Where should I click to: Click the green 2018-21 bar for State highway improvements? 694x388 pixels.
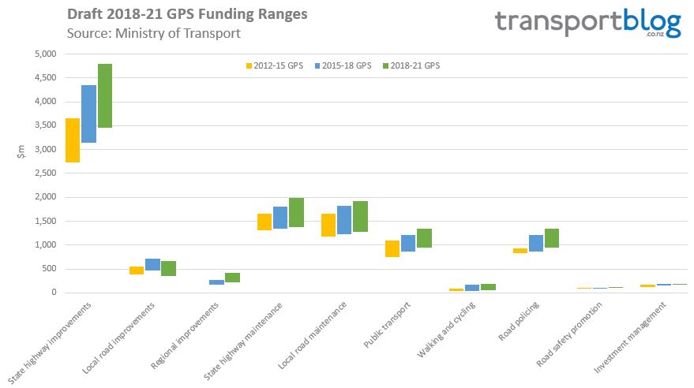[105, 95]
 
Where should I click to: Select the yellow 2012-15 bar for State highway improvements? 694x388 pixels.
[73, 140]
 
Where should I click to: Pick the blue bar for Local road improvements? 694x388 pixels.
[152, 264]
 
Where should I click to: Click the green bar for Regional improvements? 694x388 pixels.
[232, 278]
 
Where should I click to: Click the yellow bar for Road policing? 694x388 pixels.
[520, 251]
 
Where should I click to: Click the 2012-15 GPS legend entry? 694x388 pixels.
[273, 66]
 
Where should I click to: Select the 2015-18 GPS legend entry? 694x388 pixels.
[341, 66]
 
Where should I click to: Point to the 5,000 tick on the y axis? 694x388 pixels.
[45, 54]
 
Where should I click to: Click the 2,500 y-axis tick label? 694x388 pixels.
[45, 173]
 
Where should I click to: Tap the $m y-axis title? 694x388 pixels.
[21, 150]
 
